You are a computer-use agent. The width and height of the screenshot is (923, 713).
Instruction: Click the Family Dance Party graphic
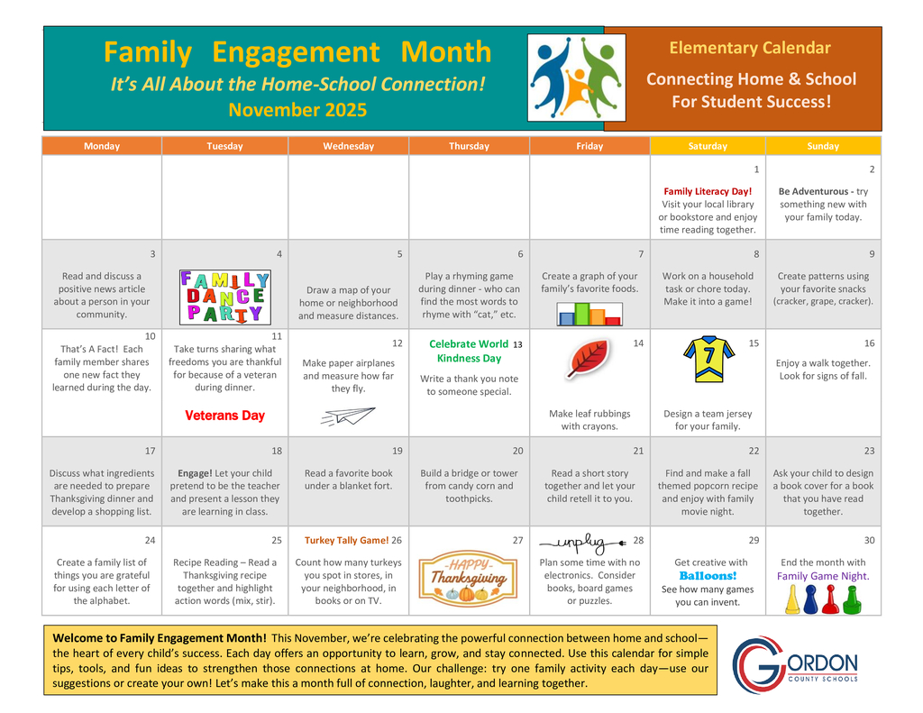pos(224,297)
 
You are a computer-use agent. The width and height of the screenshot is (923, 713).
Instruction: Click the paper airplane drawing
pos(347,416)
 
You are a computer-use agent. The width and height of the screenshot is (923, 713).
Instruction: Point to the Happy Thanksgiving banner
pos(468,578)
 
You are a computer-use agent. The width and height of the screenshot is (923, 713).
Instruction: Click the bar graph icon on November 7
pos(589,313)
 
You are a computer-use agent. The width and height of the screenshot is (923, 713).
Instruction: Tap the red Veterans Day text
pos(224,416)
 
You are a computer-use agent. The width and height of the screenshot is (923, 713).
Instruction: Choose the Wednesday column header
pos(348,146)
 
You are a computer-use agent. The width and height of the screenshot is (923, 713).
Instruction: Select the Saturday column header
pos(708,146)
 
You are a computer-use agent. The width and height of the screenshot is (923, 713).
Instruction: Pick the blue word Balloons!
pos(708,575)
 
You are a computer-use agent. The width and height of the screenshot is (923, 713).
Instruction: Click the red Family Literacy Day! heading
pos(708,191)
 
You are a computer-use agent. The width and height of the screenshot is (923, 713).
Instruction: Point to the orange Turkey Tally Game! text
pos(346,540)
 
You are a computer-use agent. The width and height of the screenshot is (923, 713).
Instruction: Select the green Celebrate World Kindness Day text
pos(469,351)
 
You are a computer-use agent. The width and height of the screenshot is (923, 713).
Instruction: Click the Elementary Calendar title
pos(750,48)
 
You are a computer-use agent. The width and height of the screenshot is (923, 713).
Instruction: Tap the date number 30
pos(869,540)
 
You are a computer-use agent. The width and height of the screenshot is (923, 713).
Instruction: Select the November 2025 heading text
pos(297,110)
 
